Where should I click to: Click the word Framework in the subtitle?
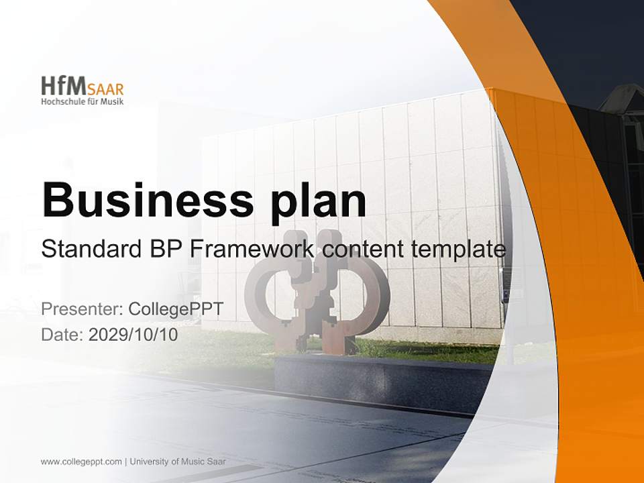(x=252, y=250)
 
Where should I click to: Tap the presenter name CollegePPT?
(x=175, y=309)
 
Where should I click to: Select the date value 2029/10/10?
(x=133, y=335)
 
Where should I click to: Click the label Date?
(x=62, y=335)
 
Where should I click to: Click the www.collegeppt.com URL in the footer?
(x=81, y=462)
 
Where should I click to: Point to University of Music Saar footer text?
(x=178, y=462)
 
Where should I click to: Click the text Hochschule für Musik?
(x=82, y=101)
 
